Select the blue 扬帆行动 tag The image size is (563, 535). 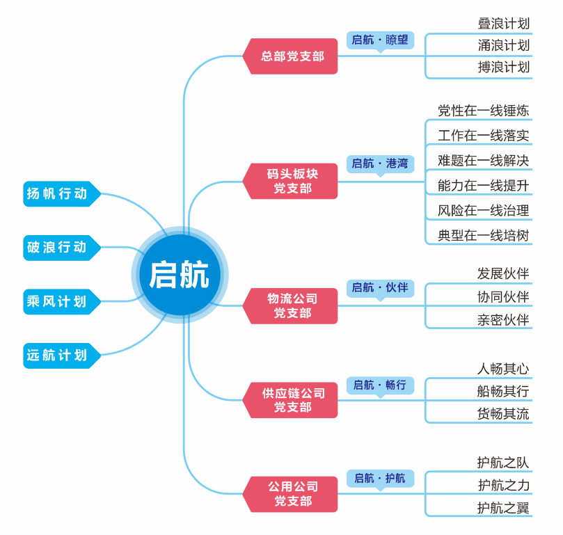59,193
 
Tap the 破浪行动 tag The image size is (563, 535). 59,247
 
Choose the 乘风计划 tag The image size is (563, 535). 59,301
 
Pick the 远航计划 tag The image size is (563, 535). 59,356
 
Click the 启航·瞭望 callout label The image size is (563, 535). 380,40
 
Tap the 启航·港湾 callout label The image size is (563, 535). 380,163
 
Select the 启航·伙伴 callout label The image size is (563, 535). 380,287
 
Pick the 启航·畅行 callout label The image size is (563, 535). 380,385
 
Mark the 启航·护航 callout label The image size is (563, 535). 380,478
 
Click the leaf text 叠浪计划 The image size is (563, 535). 504,23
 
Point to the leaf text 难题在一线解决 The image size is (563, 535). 483,161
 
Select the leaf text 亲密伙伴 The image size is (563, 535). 502,320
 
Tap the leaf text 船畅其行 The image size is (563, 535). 502,392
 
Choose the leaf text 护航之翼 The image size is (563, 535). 502,508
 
